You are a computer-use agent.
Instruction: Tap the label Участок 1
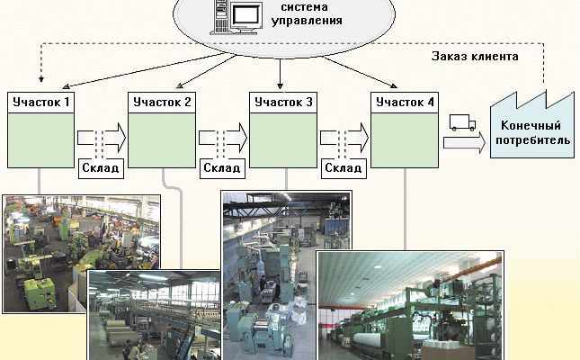[x=40, y=102]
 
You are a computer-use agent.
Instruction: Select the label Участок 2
[x=162, y=102]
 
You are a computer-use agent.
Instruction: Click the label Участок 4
[x=405, y=102]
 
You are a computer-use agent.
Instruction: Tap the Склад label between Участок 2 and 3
[x=222, y=168]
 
